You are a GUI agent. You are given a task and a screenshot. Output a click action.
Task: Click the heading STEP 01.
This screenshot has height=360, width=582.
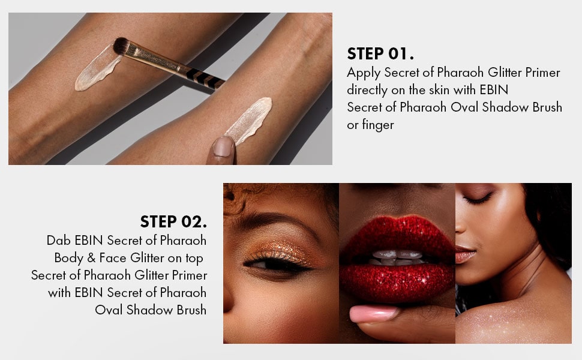pos(380,54)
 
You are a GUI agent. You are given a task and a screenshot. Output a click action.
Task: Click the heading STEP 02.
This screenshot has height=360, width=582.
pos(173,222)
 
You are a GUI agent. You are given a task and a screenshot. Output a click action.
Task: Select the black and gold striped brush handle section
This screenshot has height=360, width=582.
pos(204,77)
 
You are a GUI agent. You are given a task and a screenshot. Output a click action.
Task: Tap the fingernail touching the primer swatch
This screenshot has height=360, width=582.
pos(223,146)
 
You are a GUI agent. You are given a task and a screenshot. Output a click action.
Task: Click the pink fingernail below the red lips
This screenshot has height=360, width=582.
pos(373,314)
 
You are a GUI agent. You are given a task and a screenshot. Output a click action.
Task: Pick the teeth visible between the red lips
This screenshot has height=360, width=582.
pos(397,257)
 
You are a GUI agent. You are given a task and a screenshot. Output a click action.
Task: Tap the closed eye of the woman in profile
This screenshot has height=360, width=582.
pos(478,198)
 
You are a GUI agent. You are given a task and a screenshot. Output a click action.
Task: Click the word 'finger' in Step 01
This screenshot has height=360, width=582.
pos(378,125)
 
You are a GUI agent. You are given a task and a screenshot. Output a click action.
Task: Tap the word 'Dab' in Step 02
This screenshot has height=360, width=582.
pos(58,240)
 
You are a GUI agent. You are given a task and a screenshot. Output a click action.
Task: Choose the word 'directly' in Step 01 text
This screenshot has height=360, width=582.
pos(367,90)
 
